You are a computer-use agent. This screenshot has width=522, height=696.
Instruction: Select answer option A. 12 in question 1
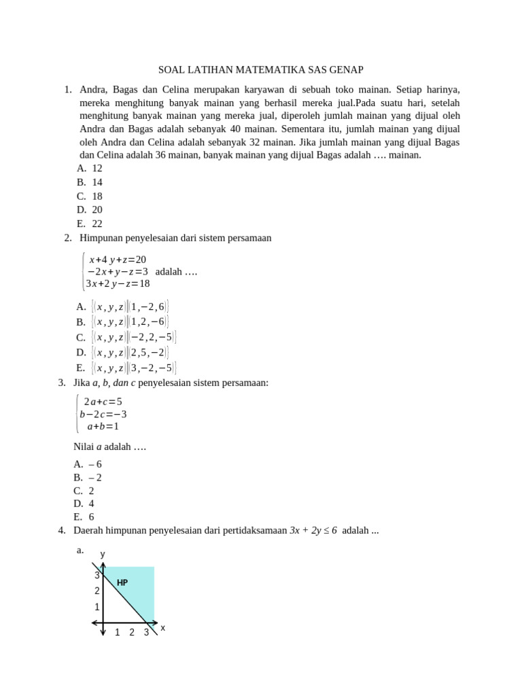coord(90,168)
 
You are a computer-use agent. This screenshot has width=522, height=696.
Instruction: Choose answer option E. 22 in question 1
coord(90,223)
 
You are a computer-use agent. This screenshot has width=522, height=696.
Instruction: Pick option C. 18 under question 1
coord(90,196)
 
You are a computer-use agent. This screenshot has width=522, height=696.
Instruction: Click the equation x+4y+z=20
coord(117,260)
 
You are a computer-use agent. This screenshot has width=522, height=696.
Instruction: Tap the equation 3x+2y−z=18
coord(117,283)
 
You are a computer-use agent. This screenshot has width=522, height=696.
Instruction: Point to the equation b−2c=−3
coord(103,414)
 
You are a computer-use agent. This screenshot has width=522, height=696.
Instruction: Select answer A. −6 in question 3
coord(88,464)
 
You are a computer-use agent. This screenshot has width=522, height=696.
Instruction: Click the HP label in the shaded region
coord(122,582)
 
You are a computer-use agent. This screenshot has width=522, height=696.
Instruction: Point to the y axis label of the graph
coord(103,554)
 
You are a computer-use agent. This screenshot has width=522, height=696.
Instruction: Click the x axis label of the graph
coord(162,627)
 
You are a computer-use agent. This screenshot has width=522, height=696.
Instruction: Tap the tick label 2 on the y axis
coord(97,591)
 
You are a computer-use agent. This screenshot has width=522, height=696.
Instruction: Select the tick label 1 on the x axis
coord(117,633)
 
